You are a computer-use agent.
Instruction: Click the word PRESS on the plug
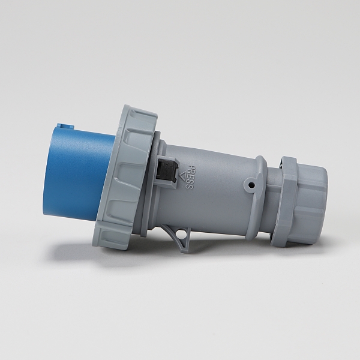[190, 177]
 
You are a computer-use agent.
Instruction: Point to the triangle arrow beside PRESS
[183, 176]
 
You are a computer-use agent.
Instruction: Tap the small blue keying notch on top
[65, 125]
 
